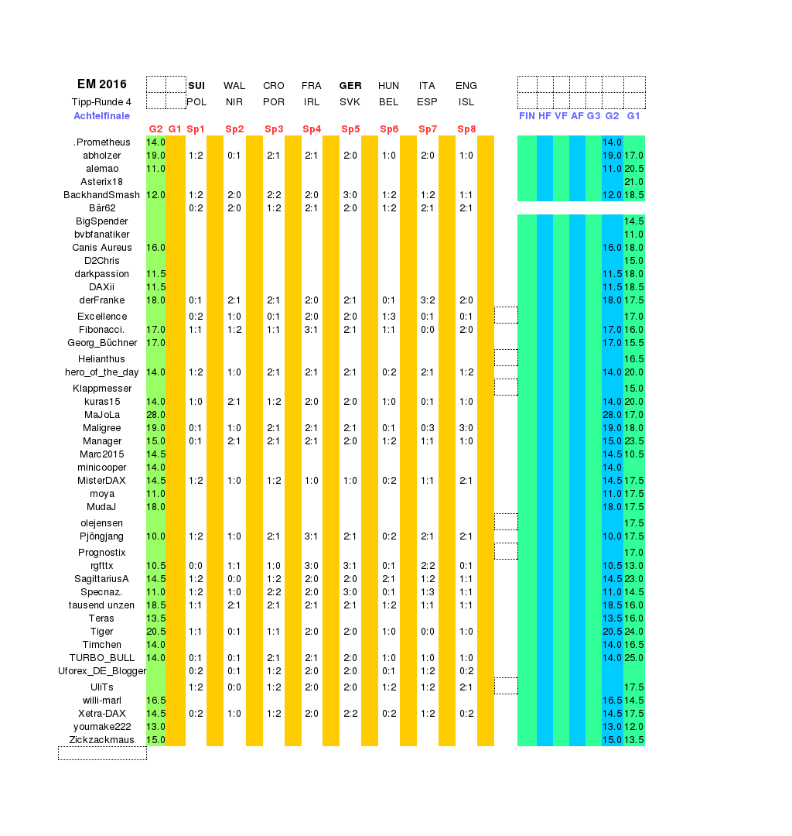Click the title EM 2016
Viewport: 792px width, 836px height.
(101, 84)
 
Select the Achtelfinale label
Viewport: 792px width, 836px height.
(101, 116)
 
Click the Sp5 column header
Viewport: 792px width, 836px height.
(350, 129)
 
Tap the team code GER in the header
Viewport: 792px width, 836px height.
(350, 86)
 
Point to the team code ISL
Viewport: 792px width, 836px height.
(466, 102)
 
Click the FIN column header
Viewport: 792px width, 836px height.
(527, 116)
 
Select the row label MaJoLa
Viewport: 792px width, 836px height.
(101, 415)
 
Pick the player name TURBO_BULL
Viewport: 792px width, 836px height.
(101, 658)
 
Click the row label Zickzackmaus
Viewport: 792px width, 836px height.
(101, 740)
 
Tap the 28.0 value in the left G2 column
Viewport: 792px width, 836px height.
(155, 415)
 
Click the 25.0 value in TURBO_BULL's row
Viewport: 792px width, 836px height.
(634, 658)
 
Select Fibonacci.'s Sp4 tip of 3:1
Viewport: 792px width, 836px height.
(312, 330)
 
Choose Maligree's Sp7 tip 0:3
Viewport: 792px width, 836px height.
(428, 428)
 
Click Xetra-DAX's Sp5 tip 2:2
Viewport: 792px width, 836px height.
(350, 714)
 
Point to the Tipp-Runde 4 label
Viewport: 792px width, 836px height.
(101, 102)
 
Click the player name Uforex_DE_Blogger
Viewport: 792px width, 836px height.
(101, 671)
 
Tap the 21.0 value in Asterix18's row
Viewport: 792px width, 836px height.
(634, 182)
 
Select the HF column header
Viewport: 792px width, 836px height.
(544, 116)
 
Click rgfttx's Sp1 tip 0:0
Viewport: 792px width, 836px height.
(196, 566)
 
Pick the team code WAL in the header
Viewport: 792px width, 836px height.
(234, 86)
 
